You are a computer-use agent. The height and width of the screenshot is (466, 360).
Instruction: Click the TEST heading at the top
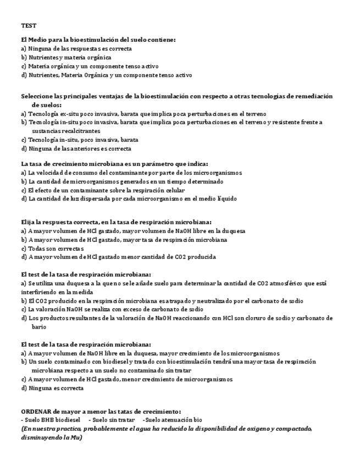[29, 26]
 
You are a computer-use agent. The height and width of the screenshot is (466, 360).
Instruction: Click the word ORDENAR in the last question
[36, 411]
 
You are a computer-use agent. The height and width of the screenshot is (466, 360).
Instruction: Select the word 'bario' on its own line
[38, 327]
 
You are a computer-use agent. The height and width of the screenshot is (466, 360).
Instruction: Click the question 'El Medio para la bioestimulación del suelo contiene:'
[98, 40]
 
